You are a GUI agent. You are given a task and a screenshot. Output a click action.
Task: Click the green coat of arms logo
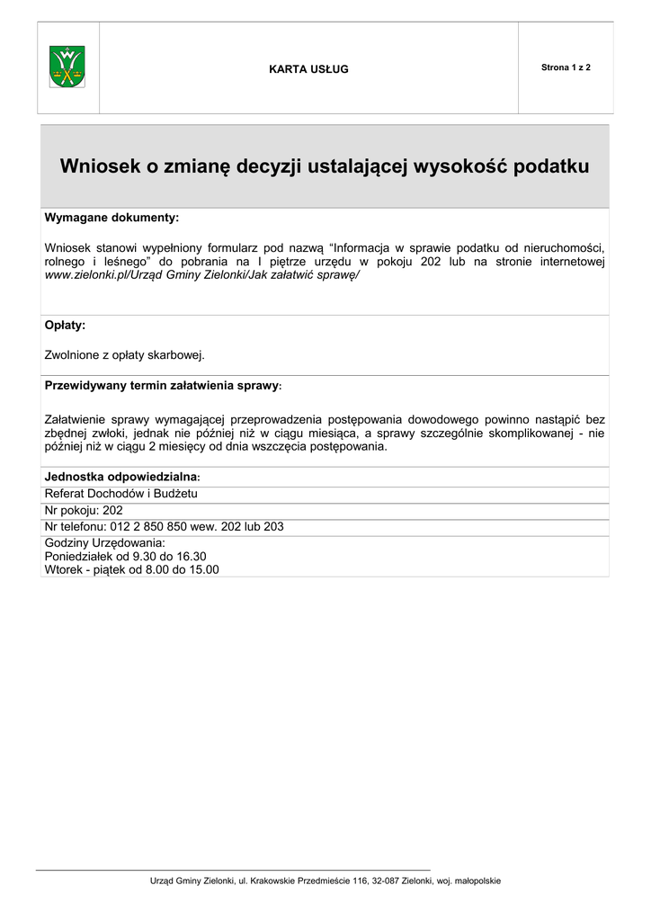67,67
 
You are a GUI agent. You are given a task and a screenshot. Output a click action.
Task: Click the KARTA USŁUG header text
308,69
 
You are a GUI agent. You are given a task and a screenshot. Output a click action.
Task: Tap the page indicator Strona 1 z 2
566,68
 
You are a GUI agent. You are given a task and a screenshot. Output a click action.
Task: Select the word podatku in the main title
551,166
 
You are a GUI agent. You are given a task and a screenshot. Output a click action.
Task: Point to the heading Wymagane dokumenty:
111,218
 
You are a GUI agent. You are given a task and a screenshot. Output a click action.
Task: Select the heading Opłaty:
65,325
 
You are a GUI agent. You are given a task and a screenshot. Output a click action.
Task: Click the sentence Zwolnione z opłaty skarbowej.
125,354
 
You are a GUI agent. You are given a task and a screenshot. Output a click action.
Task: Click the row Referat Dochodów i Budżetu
121,493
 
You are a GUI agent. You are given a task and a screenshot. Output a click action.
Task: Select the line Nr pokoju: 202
84,510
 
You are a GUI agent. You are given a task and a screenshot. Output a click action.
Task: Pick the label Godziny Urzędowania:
105,543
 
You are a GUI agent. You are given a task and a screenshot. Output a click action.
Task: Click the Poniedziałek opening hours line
126,556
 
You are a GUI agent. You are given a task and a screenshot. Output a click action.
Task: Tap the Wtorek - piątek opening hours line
132,569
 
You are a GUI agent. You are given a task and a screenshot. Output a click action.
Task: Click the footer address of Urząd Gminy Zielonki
325,881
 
